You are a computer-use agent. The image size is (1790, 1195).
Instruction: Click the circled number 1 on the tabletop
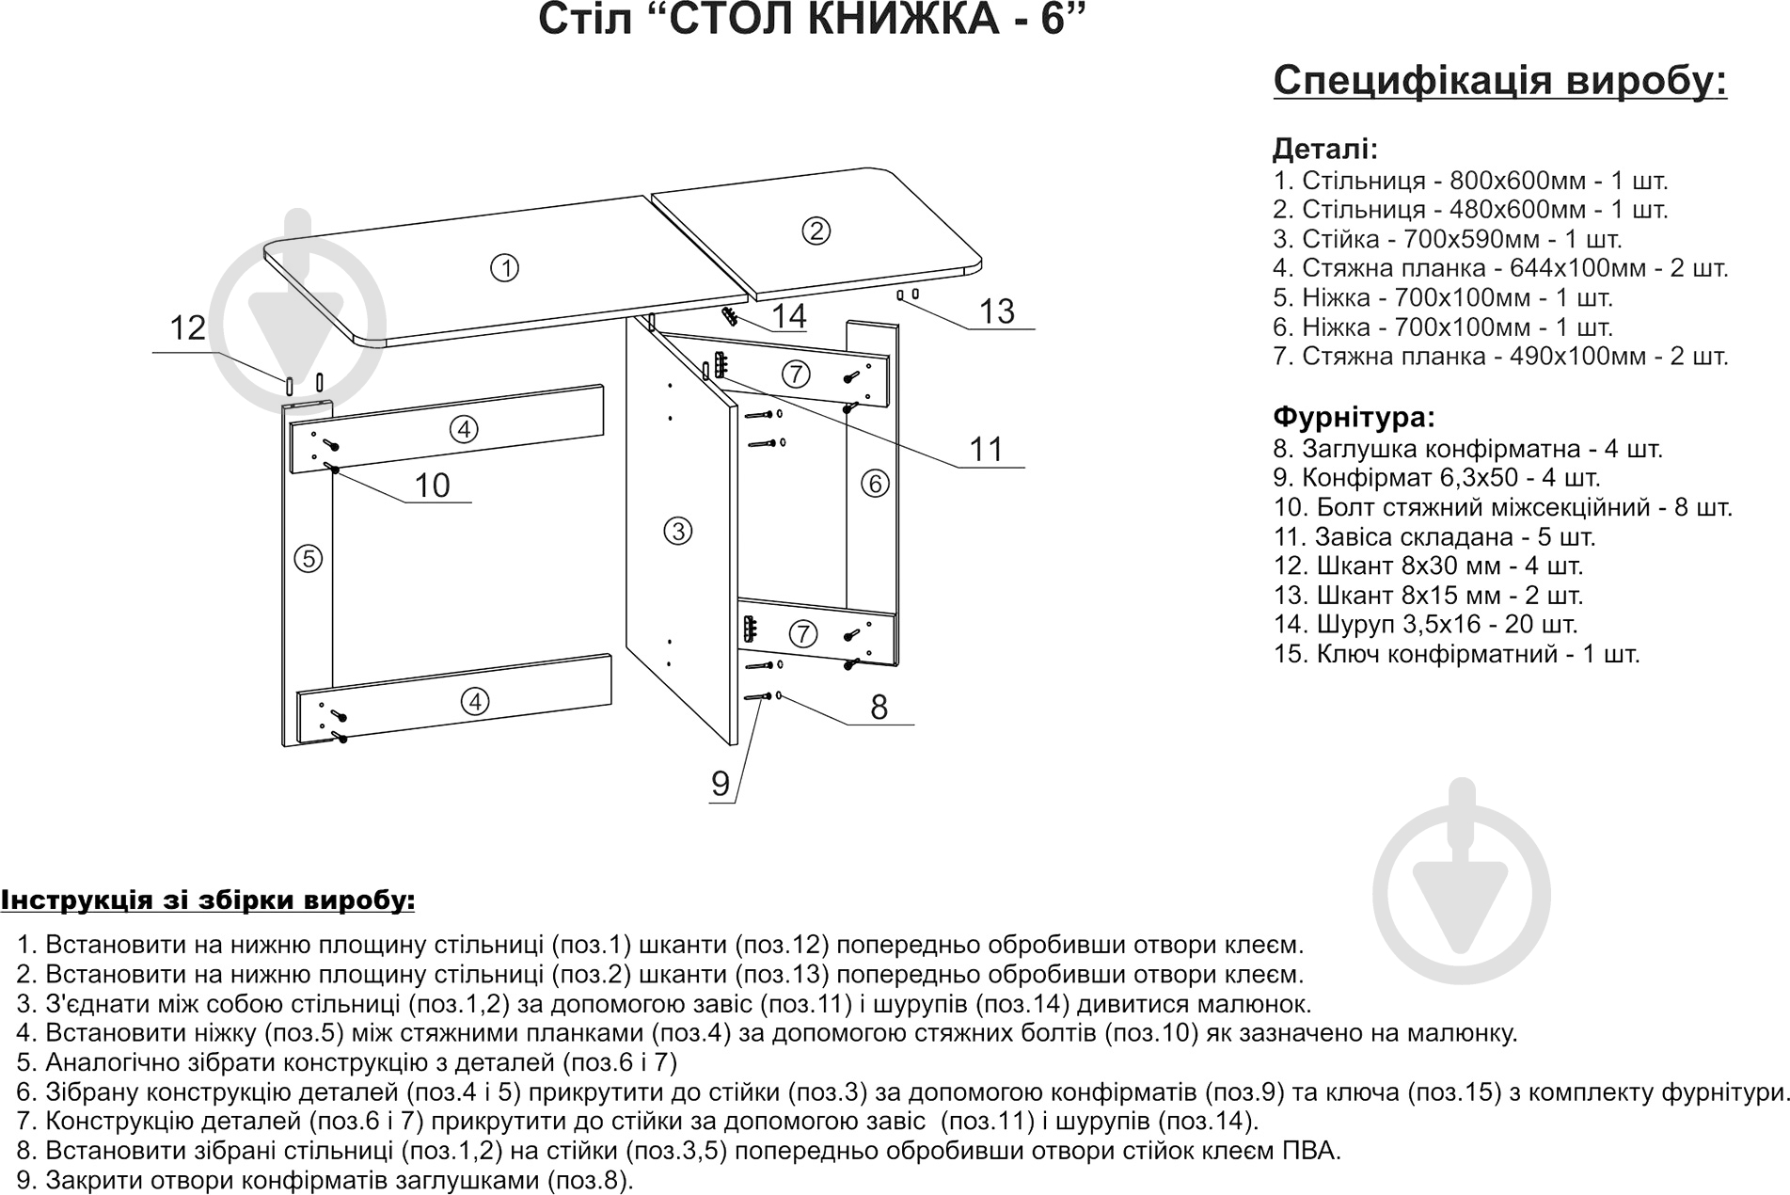click(505, 269)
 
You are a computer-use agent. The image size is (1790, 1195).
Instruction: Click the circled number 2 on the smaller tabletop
click(816, 231)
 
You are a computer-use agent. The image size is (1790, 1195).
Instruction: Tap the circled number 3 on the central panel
click(677, 531)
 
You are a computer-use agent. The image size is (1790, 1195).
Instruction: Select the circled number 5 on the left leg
click(308, 559)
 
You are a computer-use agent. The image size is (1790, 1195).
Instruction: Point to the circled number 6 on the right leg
click(875, 484)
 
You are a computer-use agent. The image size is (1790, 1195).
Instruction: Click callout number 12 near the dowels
click(187, 328)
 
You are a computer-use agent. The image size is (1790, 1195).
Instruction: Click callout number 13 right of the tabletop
click(997, 311)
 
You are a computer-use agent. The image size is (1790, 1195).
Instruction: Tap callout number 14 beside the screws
click(789, 316)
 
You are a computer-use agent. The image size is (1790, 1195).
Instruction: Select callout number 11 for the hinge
click(987, 449)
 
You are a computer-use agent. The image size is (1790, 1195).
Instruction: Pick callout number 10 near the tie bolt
click(432, 486)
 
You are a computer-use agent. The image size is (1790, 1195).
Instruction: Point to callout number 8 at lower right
click(879, 707)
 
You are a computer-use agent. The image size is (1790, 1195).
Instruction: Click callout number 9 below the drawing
click(721, 784)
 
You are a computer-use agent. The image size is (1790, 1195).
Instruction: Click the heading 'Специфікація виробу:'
click(1499, 81)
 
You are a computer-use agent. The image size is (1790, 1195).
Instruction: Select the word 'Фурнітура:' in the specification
click(1354, 417)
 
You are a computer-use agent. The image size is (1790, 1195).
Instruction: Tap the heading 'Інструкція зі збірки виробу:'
click(208, 900)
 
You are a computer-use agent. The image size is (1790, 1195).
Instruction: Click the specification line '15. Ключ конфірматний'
click(1456, 654)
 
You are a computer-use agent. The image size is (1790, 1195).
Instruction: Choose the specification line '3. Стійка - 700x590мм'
click(1447, 239)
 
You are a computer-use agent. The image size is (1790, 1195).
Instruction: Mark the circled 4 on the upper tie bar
click(464, 430)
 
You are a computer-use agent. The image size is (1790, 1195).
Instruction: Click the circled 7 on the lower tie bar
click(802, 633)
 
